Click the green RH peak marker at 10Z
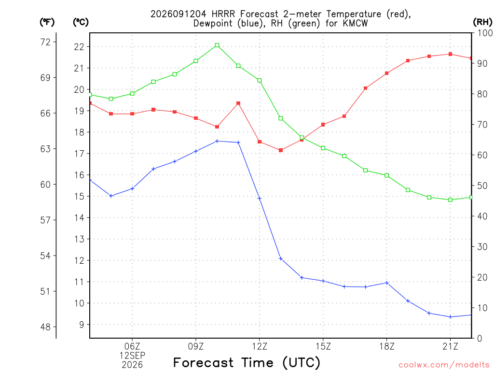click(x=217, y=45)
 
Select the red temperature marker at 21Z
click(x=451, y=54)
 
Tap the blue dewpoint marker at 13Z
click(x=281, y=259)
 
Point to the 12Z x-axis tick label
click(x=260, y=346)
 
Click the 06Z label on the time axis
click(x=132, y=346)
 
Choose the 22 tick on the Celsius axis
click(x=79, y=47)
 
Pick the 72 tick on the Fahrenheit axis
click(x=45, y=42)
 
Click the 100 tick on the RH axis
click(x=485, y=33)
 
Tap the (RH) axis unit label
click(x=482, y=22)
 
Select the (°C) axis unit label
click(x=81, y=22)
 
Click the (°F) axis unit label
click(x=47, y=22)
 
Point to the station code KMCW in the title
click(x=355, y=23)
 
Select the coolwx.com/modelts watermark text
click(x=444, y=365)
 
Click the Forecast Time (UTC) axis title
click(x=247, y=362)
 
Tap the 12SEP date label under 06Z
click(x=132, y=356)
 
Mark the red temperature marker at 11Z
click(x=238, y=103)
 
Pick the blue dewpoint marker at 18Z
click(x=387, y=283)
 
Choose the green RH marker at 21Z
click(x=451, y=200)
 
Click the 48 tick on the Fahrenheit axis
click(x=45, y=327)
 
